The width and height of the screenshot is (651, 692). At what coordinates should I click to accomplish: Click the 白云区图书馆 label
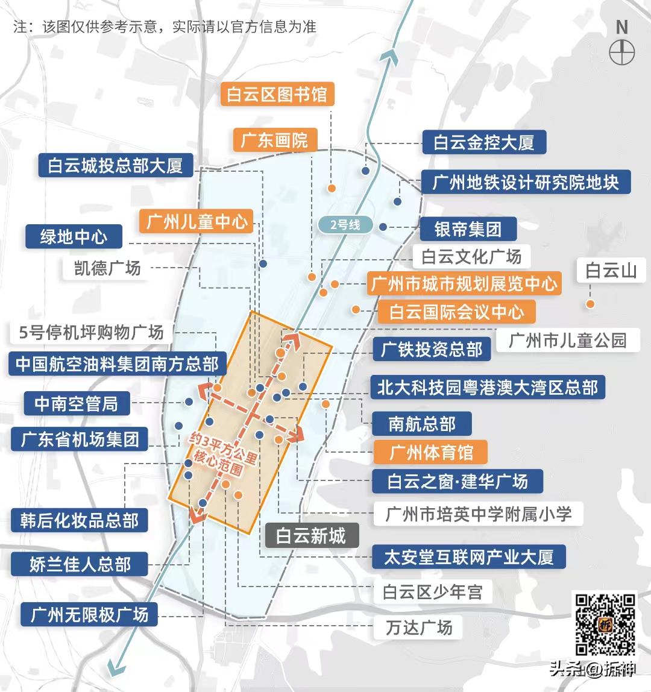pos(277,95)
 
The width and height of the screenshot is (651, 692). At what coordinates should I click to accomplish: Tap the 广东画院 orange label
pos(274,140)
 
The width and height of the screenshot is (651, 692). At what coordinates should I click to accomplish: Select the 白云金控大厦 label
pos(483,143)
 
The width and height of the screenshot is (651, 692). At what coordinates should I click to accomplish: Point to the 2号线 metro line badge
pos(345,225)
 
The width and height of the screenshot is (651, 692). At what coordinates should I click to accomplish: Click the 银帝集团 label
pos(468,230)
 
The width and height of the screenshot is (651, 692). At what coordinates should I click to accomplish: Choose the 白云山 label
pos(611,271)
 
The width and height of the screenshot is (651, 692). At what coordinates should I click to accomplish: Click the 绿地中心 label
pos(74,236)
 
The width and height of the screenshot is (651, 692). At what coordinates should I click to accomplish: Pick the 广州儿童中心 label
pos(197,222)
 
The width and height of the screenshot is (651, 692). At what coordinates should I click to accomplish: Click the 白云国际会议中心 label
pos(456,312)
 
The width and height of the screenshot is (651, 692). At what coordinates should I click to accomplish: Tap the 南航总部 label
pos(421,424)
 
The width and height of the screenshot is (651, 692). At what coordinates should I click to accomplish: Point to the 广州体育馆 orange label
pos(430,452)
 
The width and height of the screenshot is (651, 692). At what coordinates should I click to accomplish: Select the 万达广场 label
pos(419,628)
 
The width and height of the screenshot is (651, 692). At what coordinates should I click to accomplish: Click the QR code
pos(605,624)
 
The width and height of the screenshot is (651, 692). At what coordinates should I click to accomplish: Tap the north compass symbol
pos(621,52)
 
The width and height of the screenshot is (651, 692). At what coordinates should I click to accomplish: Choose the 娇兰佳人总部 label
pos(80,565)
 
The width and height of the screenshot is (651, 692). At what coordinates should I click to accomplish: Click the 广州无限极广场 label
pos(89,615)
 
